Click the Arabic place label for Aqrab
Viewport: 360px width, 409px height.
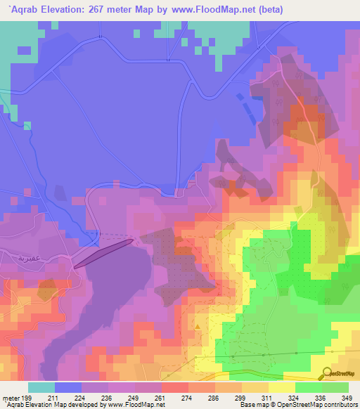15,259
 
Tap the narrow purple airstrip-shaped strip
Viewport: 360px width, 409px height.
103,253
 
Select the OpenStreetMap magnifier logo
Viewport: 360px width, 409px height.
327,373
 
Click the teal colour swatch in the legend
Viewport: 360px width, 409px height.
41,387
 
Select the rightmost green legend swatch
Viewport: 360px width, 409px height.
335,387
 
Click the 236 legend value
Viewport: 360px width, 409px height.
107,398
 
